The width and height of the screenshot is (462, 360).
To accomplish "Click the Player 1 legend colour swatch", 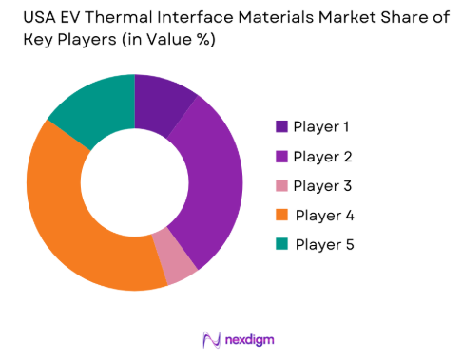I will pyautogui.click(x=281, y=126).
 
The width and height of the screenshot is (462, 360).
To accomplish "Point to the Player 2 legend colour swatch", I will pyautogui.click(x=281, y=156).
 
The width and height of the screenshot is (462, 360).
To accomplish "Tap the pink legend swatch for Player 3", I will pyautogui.click(x=281, y=185).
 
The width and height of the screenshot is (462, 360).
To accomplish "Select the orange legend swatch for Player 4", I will pyautogui.click(x=281, y=215).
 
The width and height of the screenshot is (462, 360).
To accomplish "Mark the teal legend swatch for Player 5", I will pyautogui.click(x=281, y=244).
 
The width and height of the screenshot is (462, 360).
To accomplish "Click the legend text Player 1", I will pyautogui.click(x=321, y=126).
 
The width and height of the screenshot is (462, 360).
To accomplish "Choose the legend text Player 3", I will pyautogui.click(x=322, y=185).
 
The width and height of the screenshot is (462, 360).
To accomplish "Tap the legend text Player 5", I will pyautogui.click(x=324, y=244).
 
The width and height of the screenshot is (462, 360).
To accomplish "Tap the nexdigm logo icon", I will pyautogui.click(x=209, y=338).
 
